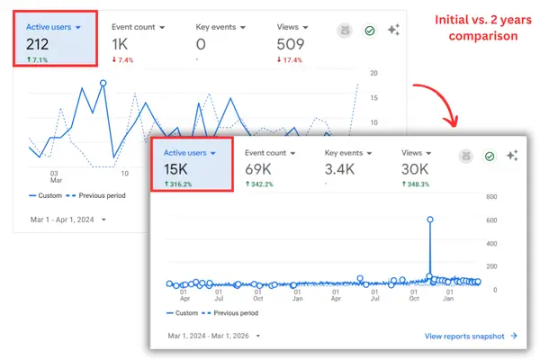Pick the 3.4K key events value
[x=340, y=169]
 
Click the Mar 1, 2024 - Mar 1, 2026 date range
[x=210, y=336]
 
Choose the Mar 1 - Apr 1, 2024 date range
[x=64, y=218]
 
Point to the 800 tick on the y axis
[x=491, y=196]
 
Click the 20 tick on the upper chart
[x=373, y=74]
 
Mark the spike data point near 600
[x=430, y=219]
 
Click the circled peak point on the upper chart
[x=103, y=83]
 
